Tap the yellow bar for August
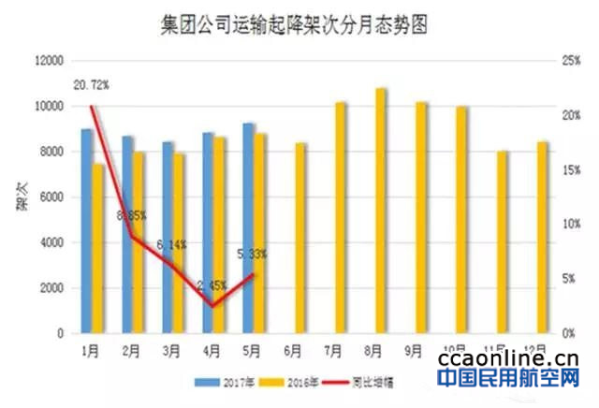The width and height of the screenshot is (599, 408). pyautogui.click(x=381, y=211)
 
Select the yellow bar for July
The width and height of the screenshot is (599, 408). pyautogui.click(x=341, y=217)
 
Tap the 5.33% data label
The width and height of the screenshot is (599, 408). pyautogui.click(x=254, y=255)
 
